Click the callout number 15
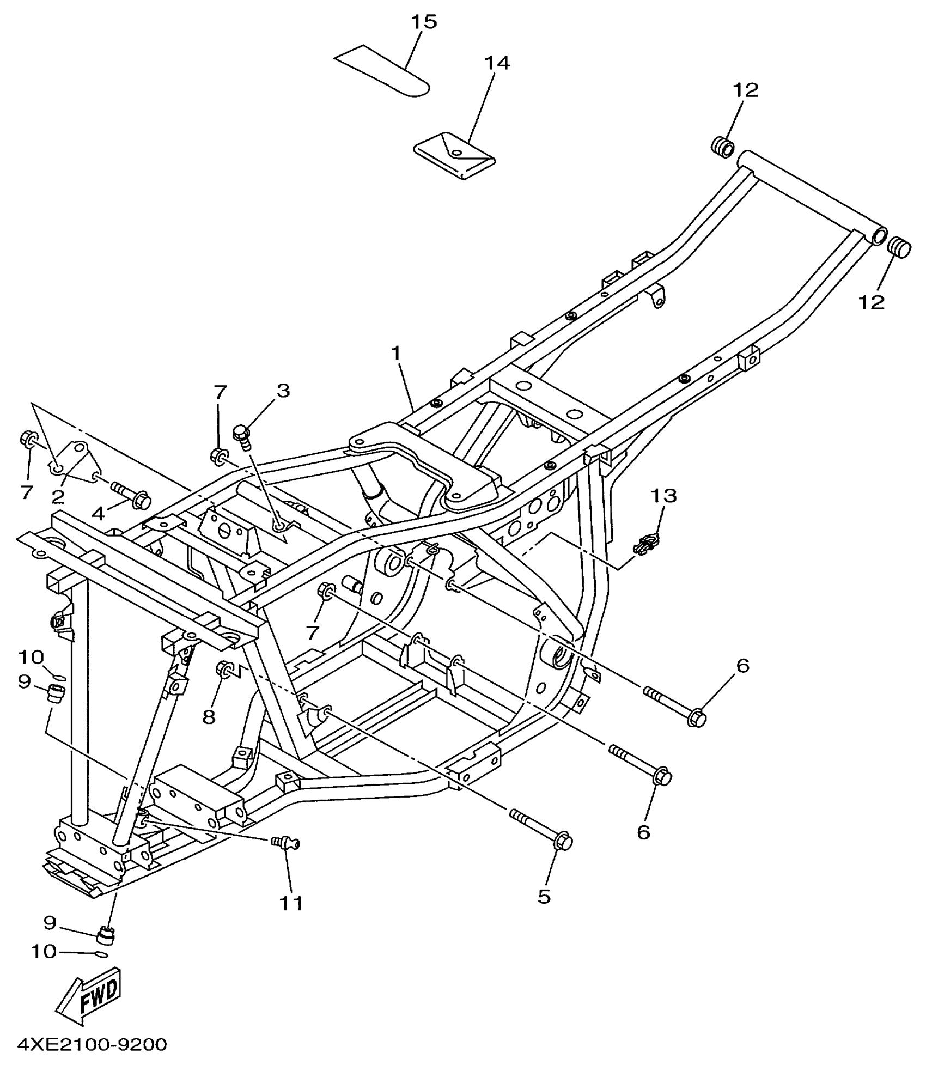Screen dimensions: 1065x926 point(423,22)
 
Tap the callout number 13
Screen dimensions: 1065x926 point(663,496)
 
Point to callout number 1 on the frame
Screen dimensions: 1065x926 point(395,354)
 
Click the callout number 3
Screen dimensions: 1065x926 point(283,391)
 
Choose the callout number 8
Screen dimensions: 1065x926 point(209,717)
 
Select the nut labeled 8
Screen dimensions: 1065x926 point(225,669)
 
